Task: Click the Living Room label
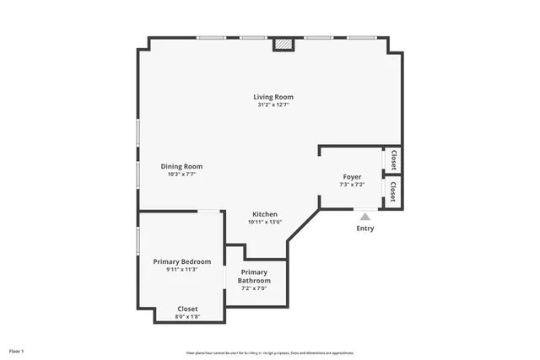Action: click(x=273, y=97)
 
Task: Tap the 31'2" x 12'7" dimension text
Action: click(x=273, y=105)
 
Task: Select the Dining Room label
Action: click(x=181, y=166)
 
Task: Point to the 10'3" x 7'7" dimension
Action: click(x=181, y=175)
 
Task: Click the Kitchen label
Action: click(x=265, y=214)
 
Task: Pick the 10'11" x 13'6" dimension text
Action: click(x=265, y=223)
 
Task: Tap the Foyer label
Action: click(x=352, y=176)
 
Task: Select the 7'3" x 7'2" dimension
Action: click(x=352, y=185)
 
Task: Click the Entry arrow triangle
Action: click(x=364, y=217)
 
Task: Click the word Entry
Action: click(x=364, y=228)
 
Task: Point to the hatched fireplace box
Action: click(x=284, y=44)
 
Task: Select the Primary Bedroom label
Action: click(x=181, y=261)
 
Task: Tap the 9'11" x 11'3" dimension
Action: click(x=181, y=270)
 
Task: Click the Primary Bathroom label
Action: click(x=254, y=276)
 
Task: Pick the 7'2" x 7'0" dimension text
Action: click(x=254, y=288)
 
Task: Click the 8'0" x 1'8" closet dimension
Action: click(x=187, y=317)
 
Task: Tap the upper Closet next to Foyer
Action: click(x=392, y=159)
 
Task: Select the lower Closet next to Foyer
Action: click(x=392, y=192)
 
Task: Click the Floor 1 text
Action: click(x=17, y=350)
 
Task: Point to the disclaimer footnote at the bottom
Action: click(x=271, y=352)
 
